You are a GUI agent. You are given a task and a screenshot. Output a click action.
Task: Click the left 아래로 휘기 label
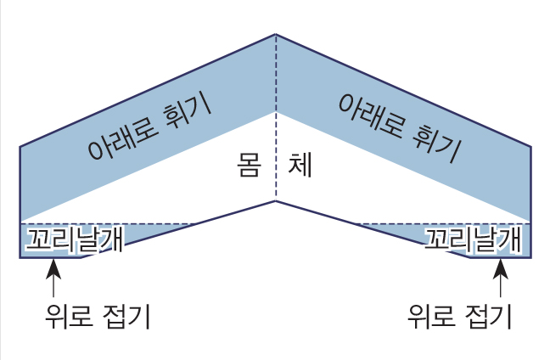pyautogui.click(x=149, y=125)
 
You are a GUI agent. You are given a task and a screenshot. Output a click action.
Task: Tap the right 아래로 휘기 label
pyautogui.click(x=399, y=125)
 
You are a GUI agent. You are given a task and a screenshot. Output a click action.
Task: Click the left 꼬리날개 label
pyautogui.click(x=75, y=239)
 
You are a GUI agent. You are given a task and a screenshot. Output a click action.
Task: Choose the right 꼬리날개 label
pyautogui.click(x=472, y=239)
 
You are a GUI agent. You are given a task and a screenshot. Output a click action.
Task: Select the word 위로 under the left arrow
pyautogui.click(x=69, y=317)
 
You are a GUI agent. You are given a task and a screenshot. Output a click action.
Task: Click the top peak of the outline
pyautogui.click(x=276, y=35)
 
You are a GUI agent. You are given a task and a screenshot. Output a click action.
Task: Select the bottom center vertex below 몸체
pyautogui.click(x=276, y=201)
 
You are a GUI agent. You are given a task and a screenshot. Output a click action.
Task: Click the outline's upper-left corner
pyautogui.click(x=20, y=148)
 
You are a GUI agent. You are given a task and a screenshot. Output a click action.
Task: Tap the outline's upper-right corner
pyautogui.click(x=531, y=148)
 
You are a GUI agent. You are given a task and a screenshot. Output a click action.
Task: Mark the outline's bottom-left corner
pyautogui.click(x=20, y=257)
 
